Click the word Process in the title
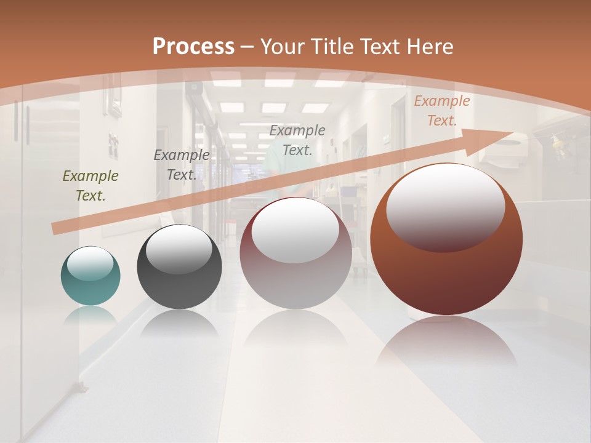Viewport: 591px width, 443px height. coord(193,47)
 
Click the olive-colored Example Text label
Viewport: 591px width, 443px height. coord(90,186)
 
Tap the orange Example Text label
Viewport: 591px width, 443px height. coord(442,111)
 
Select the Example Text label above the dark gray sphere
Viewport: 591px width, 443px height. coord(182,164)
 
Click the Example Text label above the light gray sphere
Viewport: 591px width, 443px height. coord(297,140)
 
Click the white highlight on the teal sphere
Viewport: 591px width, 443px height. coord(90,263)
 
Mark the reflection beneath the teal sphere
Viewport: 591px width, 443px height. coord(90,315)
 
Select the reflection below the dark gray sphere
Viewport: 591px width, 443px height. coord(179,323)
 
